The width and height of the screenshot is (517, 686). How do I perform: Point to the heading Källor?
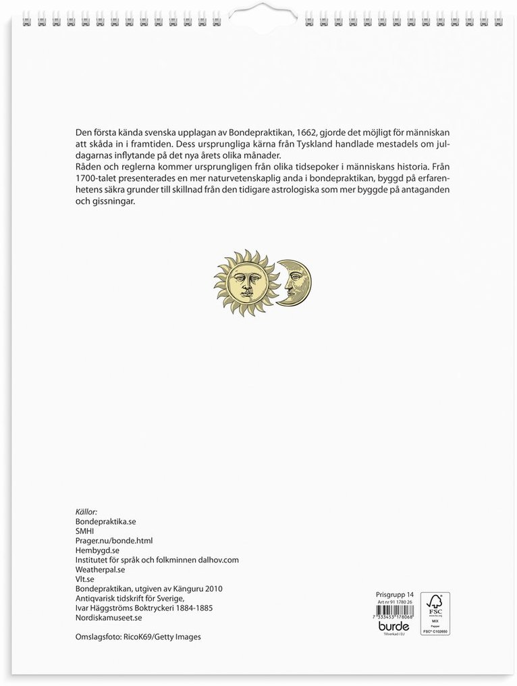88,511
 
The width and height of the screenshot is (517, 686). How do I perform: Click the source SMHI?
86,531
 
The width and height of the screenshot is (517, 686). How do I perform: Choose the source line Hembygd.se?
98,550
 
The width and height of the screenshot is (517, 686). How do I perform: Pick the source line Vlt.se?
86,579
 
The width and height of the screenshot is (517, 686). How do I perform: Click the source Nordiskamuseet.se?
109,617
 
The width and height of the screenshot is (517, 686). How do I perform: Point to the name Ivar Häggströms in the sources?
103,608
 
